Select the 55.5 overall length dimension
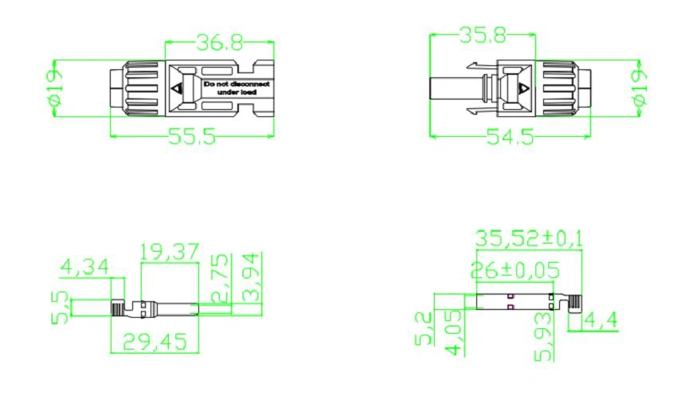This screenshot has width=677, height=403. (x=192, y=137)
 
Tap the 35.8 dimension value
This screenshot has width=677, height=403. (x=483, y=36)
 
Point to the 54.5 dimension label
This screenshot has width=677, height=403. (x=510, y=137)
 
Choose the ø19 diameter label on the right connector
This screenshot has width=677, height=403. (x=638, y=88)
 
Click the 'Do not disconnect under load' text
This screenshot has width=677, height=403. (x=237, y=88)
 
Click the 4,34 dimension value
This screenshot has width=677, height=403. (x=85, y=268)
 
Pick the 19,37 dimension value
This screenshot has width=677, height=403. (x=168, y=253)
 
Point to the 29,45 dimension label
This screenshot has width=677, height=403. (x=155, y=342)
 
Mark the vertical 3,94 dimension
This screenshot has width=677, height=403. (x=252, y=277)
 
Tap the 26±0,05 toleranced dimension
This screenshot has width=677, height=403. (x=515, y=270)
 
